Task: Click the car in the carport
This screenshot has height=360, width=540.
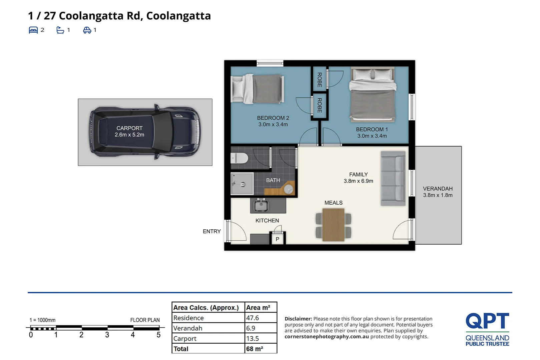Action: click(145, 132)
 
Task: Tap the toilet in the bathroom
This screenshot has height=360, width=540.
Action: click(239, 158)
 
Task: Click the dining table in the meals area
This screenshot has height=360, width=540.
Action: click(333, 224)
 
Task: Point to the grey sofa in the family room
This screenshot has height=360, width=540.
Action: click(393, 178)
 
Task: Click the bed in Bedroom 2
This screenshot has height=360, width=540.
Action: click(258, 89)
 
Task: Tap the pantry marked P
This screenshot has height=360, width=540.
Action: click(278, 239)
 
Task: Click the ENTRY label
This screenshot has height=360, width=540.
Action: click(211, 231)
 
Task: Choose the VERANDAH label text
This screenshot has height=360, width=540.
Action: click(438, 189)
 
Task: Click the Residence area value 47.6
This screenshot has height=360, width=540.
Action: click(252, 318)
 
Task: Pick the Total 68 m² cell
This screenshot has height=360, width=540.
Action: click(254, 349)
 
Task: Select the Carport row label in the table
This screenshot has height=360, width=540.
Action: click(185, 339)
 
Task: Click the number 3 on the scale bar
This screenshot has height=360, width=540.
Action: click(107, 335)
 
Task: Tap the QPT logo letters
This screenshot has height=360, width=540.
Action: click(487, 321)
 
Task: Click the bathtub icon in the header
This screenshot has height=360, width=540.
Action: click(60, 30)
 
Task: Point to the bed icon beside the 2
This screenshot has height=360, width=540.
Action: click(33, 30)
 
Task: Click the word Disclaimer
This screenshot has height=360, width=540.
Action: click(298, 319)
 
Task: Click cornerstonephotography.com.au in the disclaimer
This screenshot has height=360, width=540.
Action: click(327, 337)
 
